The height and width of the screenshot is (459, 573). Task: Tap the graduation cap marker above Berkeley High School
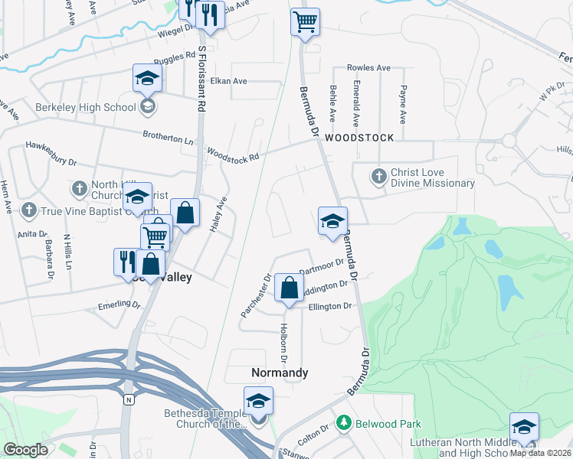point(147,79)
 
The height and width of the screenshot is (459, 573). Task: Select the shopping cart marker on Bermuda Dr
point(305,23)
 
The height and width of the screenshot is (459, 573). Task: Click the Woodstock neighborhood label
point(359,138)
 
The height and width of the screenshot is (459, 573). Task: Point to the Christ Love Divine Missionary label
point(432,178)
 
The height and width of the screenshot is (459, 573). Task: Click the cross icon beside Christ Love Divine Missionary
point(378,177)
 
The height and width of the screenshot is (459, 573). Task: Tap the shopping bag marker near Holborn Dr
point(289,289)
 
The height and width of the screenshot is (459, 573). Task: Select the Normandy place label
point(280,373)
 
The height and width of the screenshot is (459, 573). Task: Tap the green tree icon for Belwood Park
point(345,422)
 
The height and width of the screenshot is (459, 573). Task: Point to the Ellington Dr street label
point(329,307)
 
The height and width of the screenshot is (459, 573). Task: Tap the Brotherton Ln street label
point(168,138)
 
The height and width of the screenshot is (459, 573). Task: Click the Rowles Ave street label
point(369,68)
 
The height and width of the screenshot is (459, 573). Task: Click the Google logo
point(25,450)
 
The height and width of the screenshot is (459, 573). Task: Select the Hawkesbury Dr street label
point(51,153)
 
